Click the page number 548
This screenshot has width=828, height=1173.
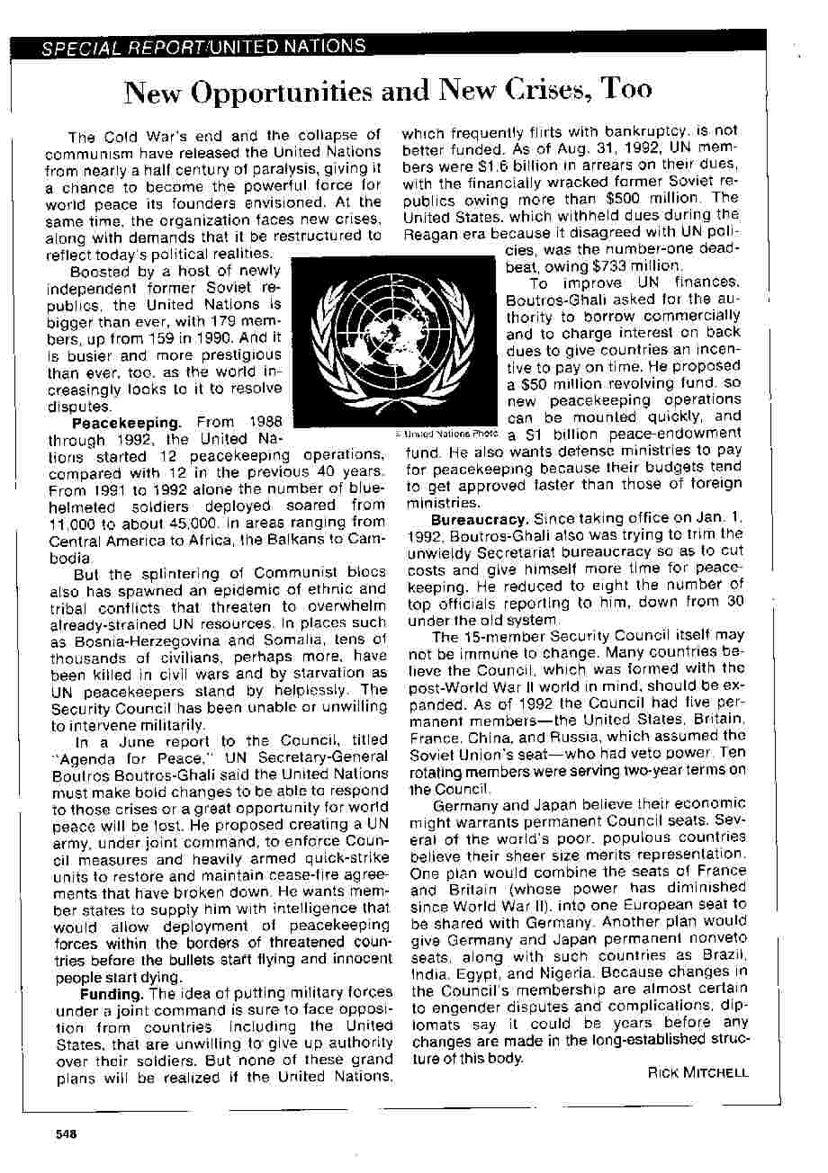[65, 1133]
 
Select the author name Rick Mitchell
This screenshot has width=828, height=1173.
[697, 1072]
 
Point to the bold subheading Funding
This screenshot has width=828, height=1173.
[112, 994]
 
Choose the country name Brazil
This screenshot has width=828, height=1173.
[721, 957]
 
